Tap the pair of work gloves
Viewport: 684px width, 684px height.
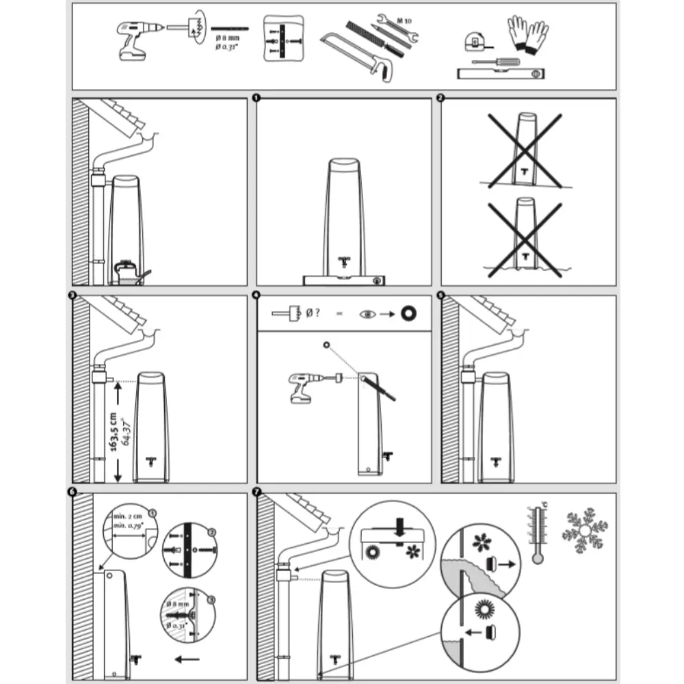tap(527, 34)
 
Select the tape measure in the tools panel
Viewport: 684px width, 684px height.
tap(474, 42)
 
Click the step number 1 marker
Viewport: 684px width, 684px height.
tap(256, 98)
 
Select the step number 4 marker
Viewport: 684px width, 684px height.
tap(256, 295)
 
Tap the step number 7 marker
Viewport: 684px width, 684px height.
tap(256, 493)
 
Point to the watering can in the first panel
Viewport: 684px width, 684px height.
tap(129, 272)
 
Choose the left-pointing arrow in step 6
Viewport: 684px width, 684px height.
tap(187, 660)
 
